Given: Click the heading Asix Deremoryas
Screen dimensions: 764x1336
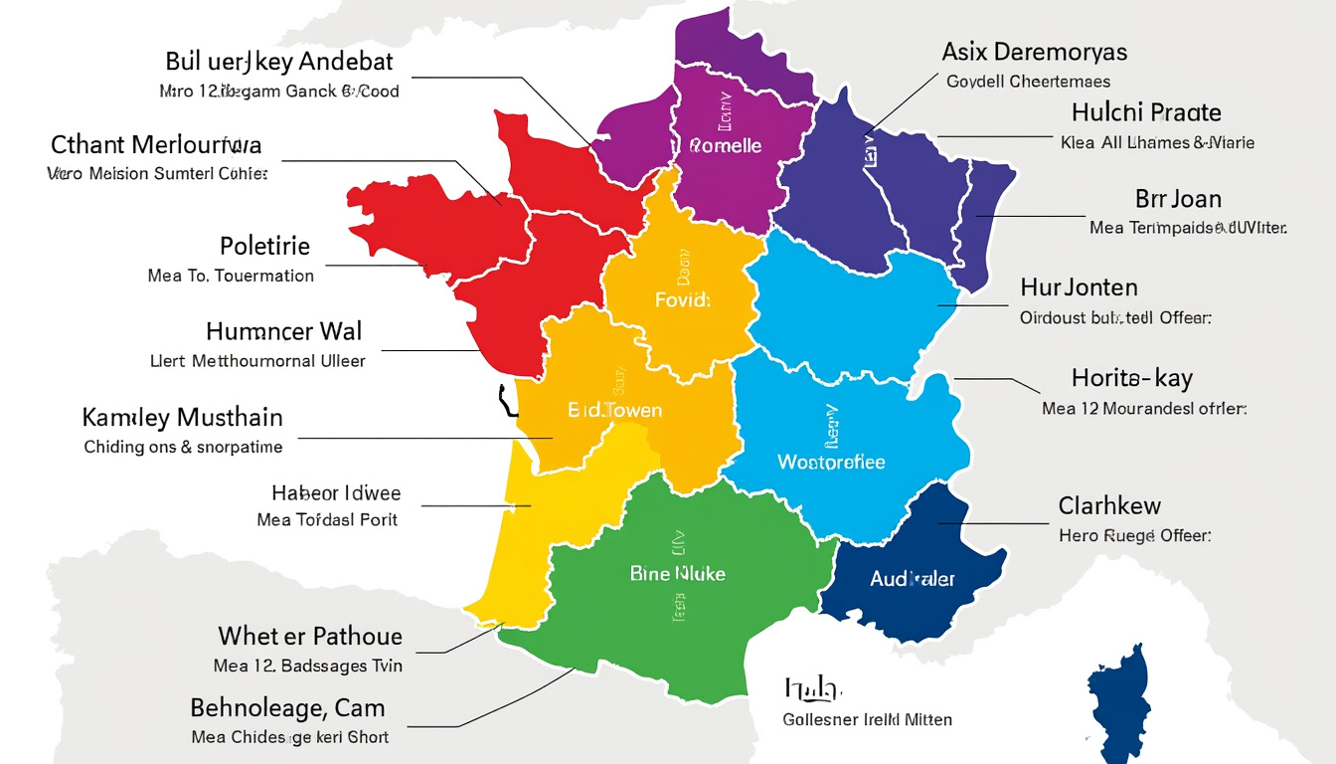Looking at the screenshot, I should [1034, 52].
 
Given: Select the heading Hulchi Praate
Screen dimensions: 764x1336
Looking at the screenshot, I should [1146, 112].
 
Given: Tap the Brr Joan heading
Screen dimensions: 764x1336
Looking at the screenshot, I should [1178, 199].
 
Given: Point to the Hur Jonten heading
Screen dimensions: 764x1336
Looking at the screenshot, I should [1079, 288].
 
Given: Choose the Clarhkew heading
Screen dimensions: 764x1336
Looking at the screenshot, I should [1109, 506].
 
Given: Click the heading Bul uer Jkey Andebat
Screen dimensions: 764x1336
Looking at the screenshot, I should [279, 62].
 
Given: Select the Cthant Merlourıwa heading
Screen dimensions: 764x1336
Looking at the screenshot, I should [156, 145].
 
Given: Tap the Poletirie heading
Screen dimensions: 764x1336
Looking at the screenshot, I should [264, 246].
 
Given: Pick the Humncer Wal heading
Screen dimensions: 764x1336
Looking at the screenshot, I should [284, 331].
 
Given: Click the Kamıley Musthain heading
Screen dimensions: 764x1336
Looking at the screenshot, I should [182, 417].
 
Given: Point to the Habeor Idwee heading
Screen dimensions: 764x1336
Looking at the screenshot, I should [336, 492].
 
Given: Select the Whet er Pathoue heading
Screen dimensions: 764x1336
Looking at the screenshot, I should [310, 636].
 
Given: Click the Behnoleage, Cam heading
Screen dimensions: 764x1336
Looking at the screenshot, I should [287, 708].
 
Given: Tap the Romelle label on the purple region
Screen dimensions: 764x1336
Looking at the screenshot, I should [725, 146].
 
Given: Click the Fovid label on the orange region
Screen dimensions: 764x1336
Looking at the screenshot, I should [682, 299].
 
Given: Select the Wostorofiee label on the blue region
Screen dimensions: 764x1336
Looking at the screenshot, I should [830, 463].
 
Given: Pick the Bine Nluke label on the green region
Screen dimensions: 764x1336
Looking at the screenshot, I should [678, 574].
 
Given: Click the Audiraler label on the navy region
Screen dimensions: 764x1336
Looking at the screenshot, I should [912, 579].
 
